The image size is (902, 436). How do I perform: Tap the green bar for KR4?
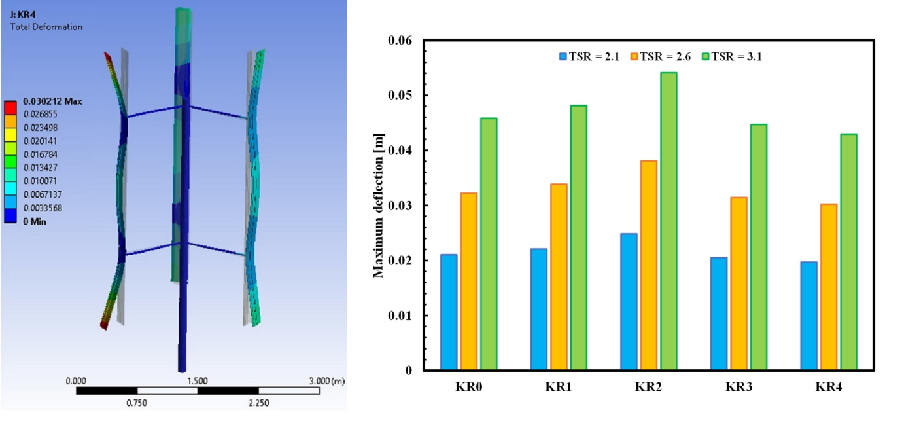tap(848, 252)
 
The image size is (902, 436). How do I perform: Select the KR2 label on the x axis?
tap(648, 386)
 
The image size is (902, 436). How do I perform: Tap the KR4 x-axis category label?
tap(828, 386)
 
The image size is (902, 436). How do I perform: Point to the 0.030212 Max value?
tap(52, 102)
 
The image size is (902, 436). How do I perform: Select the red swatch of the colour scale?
tap(11, 107)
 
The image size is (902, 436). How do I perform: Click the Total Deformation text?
tap(46, 27)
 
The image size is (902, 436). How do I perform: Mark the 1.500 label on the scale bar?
tap(197, 380)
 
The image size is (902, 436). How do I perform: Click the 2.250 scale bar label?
tap(259, 403)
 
